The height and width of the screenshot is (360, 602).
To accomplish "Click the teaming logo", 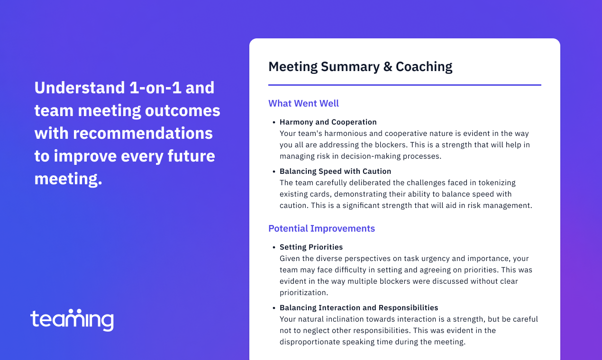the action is [72, 320].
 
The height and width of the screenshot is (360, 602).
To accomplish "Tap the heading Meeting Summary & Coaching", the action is [360, 67].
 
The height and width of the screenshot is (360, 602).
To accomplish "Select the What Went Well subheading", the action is [303, 103].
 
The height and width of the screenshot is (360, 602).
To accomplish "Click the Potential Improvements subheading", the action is [321, 229].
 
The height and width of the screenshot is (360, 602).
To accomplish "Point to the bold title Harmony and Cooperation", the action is [328, 122].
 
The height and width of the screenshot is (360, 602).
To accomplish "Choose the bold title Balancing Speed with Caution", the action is [335, 171].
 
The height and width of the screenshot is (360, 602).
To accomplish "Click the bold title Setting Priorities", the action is [311, 247].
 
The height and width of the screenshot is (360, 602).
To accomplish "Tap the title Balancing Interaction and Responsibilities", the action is [359, 307].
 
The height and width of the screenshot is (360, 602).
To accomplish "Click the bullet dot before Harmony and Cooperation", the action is [274, 123].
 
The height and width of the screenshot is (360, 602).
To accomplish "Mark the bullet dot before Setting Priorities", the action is [274, 247].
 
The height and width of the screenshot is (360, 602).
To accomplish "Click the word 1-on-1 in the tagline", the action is [155, 88].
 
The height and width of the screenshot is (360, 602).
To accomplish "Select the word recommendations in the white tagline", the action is [143, 133].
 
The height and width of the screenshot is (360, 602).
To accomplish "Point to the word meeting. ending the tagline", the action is [68, 179].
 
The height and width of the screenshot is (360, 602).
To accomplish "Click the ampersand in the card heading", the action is [388, 67].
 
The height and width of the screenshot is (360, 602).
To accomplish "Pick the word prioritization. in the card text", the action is [304, 293].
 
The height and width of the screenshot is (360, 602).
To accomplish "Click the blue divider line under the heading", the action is [405, 85].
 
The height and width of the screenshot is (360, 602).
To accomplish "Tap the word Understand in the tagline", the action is [80, 88].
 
